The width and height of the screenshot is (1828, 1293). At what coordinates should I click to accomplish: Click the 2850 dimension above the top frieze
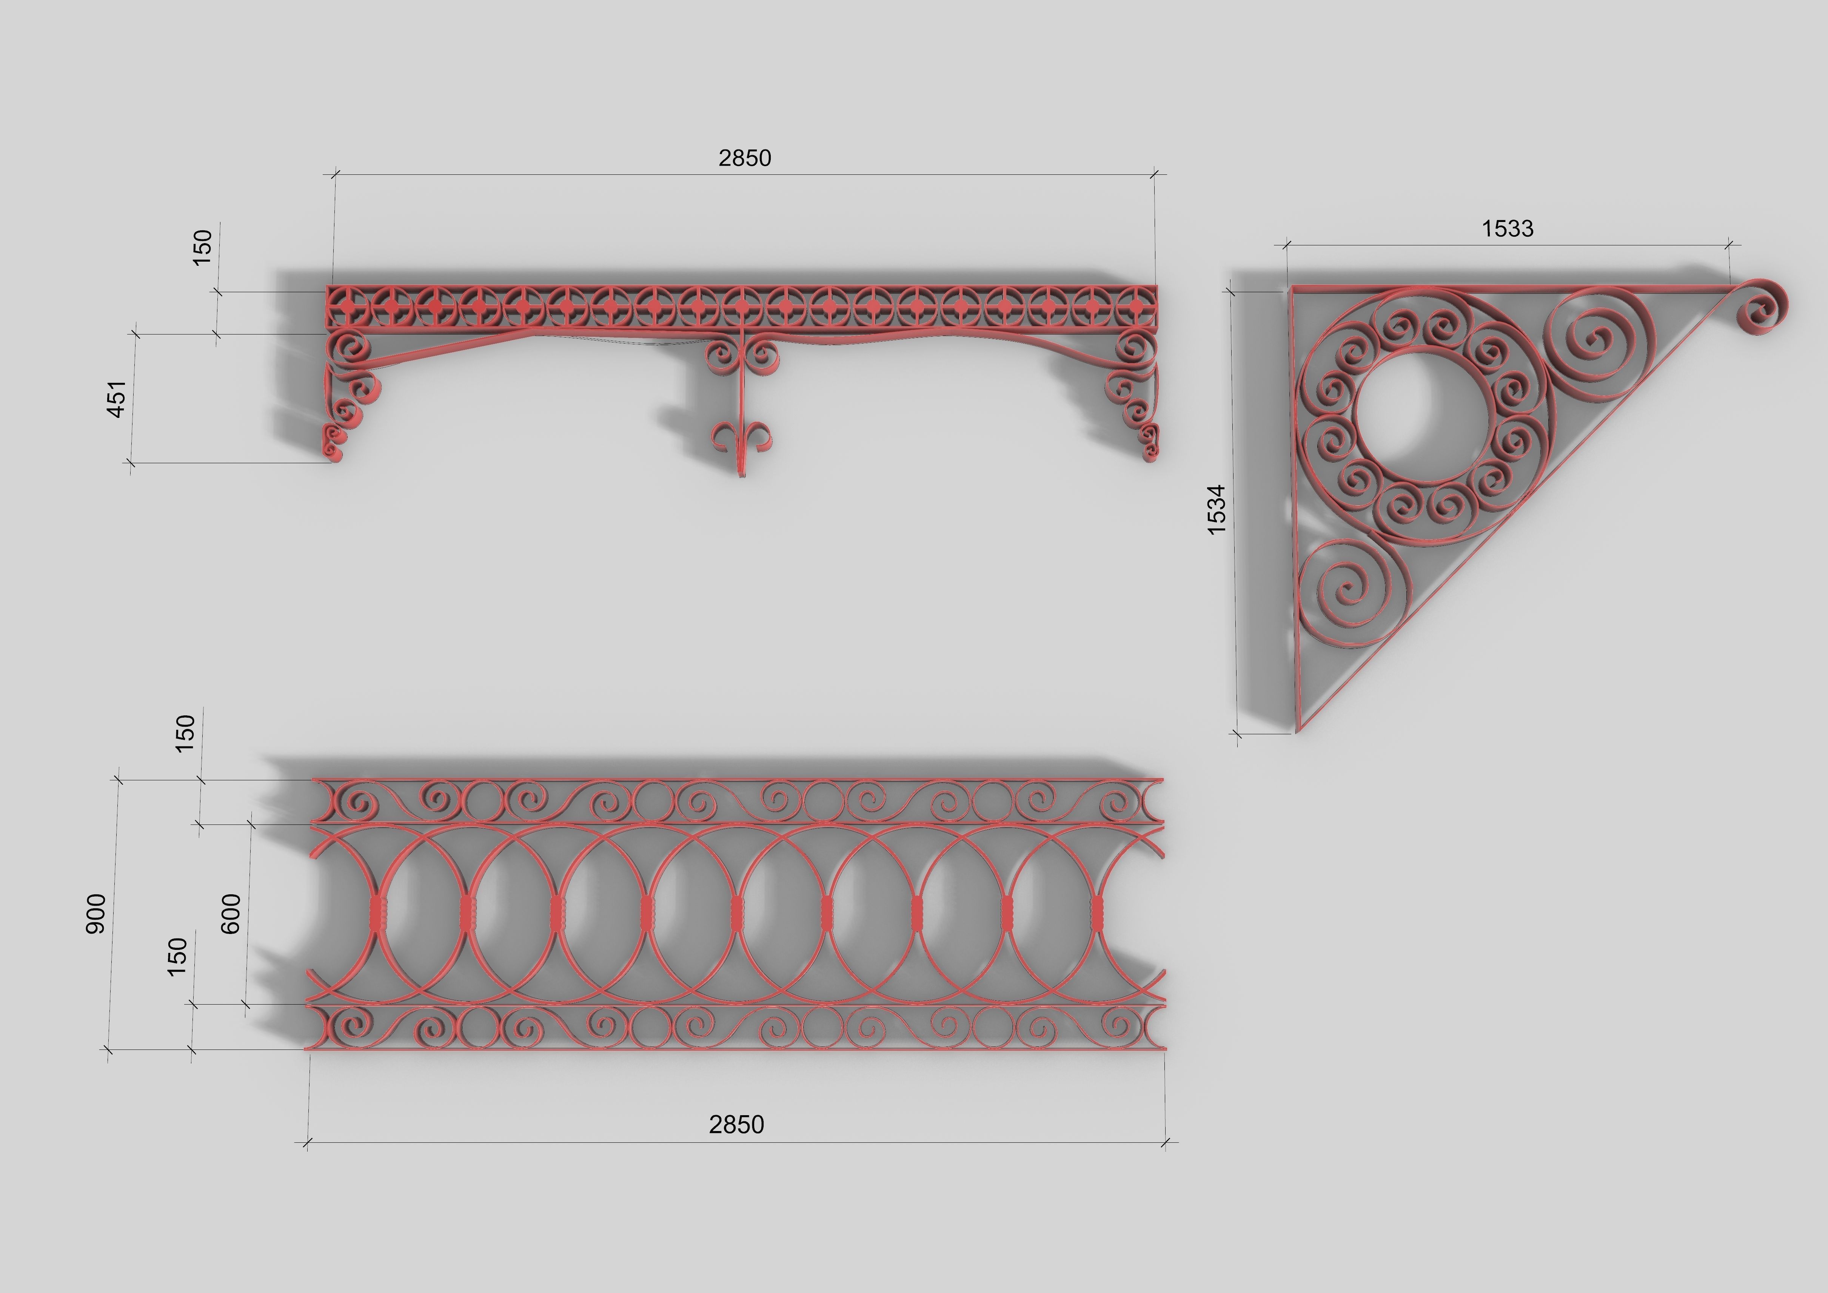(x=744, y=159)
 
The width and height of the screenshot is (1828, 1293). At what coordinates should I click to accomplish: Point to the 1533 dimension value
(x=1507, y=228)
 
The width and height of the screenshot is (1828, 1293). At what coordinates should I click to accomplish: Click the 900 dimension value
(x=95, y=914)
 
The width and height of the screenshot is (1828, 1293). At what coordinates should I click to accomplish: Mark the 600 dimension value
(x=230, y=914)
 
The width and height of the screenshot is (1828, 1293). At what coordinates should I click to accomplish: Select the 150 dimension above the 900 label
(x=185, y=733)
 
